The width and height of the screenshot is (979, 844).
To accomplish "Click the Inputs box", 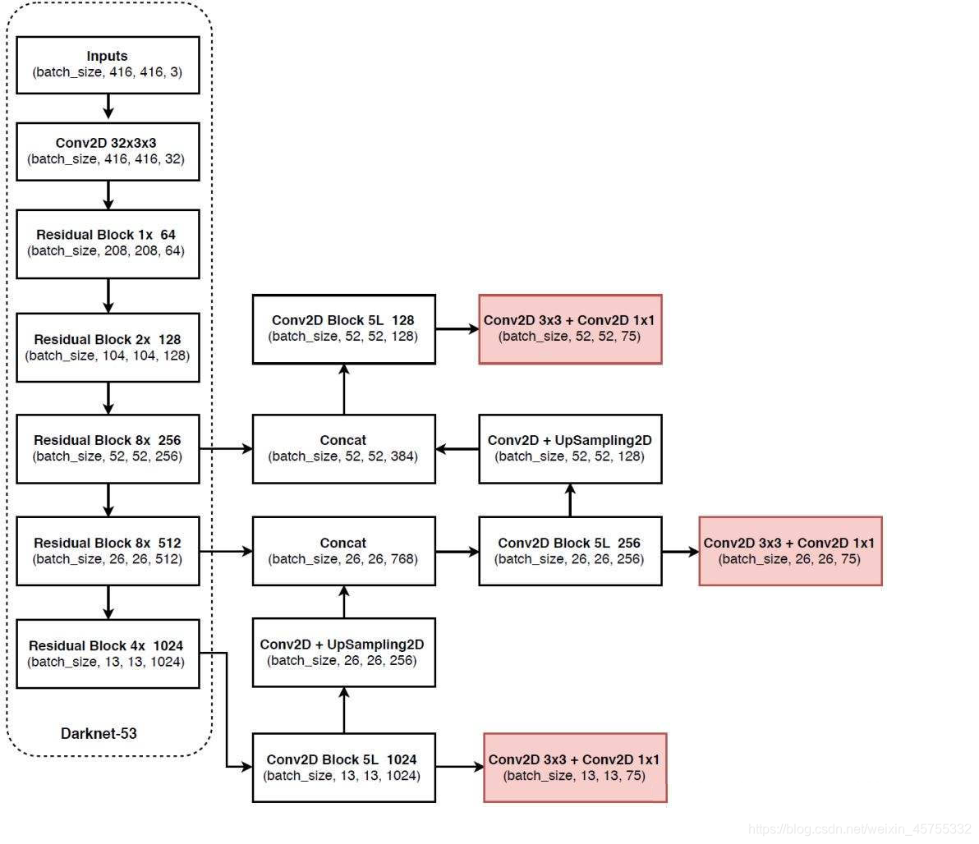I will click(x=108, y=64).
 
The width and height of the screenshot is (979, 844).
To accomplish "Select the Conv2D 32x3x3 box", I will click(x=108, y=151).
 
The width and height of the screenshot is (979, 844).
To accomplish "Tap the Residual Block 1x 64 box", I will click(x=108, y=242).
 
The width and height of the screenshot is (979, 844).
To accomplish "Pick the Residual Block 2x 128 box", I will click(x=108, y=347).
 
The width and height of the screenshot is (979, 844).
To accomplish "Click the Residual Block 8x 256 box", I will click(x=108, y=448).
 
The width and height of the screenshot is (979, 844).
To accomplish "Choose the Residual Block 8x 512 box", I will click(x=108, y=551).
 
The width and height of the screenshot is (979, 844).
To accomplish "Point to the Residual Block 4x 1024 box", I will click(x=108, y=654).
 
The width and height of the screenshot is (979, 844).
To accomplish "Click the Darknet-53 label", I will click(x=99, y=733).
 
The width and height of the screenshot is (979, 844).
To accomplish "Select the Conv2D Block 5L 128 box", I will click(x=343, y=328).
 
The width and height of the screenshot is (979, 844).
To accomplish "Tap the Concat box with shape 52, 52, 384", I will click(x=343, y=448).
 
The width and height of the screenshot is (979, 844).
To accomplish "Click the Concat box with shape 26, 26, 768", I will click(x=343, y=551).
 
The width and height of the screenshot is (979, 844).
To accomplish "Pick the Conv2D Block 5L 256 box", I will click(x=570, y=551).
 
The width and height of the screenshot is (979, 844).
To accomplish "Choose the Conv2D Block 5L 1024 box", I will click(x=343, y=767).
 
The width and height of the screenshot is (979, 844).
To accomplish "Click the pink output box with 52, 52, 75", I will click(x=570, y=328).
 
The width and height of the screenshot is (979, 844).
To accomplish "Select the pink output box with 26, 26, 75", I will click(x=790, y=551).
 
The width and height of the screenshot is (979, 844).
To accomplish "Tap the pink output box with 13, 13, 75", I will click(x=575, y=767).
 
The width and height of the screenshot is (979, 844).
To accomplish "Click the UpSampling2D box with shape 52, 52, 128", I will click(x=570, y=448).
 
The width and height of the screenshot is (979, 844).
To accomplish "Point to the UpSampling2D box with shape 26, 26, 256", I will click(x=343, y=652).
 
